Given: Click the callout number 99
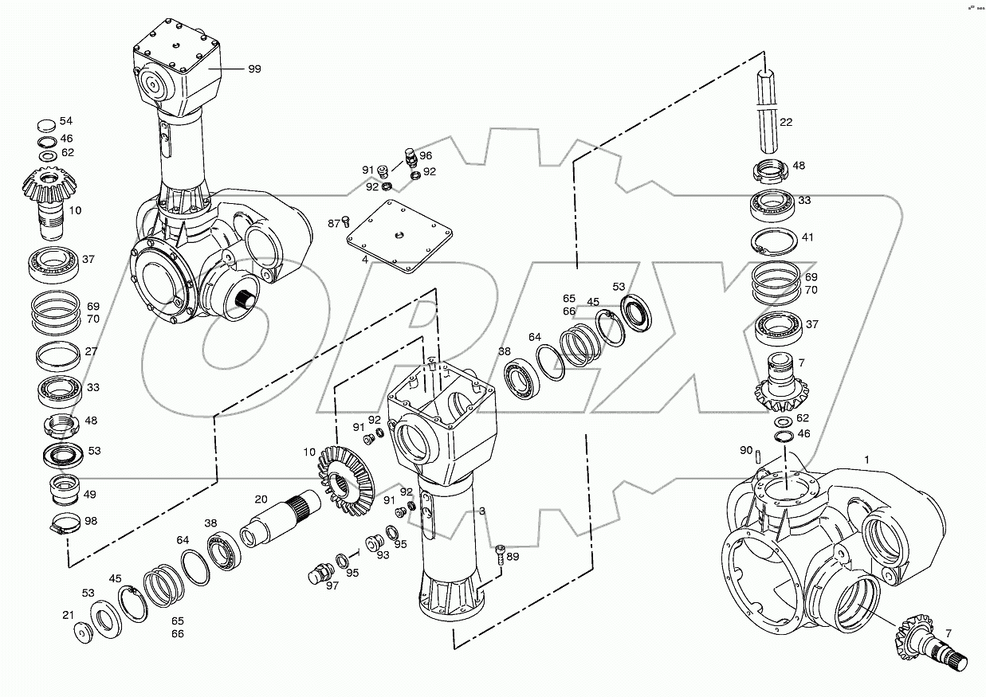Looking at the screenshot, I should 253,69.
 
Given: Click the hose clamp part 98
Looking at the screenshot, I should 63,524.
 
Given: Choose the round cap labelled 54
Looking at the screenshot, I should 46,125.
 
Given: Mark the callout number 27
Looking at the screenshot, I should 92,350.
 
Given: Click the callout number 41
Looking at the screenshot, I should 807,237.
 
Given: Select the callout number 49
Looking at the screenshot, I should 90,494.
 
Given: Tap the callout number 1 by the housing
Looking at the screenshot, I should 866,460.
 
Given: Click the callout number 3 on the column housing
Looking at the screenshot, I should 481,510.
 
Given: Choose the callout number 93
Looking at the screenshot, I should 383,555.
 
